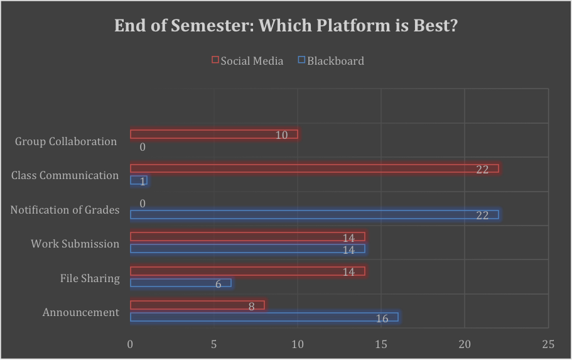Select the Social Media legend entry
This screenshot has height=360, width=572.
[x=248, y=61]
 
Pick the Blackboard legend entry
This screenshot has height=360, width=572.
[x=331, y=61]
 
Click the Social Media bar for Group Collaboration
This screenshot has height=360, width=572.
[x=213, y=134]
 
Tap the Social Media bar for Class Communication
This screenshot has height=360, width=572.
[x=314, y=168]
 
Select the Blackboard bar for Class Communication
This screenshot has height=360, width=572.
[x=138, y=180]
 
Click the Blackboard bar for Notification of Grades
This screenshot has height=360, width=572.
[x=314, y=215]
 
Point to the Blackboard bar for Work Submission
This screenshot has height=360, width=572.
[x=247, y=249]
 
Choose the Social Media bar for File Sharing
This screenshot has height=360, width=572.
[x=247, y=271]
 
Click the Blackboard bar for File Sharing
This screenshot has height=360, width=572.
[x=180, y=283]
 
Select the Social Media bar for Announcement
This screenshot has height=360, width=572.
[x=197, y=305]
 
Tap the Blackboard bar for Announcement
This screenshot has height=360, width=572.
[x=264, y=317]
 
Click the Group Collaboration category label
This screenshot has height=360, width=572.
[x=66, y=141]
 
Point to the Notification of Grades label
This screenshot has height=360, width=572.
[x=65, y=210]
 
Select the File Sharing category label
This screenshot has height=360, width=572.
[x=90, y=278]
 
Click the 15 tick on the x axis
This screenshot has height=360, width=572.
[x=381, y=344]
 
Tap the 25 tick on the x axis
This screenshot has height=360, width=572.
[x=548, y=344]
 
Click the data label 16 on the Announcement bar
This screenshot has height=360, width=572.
[x=382, y=319]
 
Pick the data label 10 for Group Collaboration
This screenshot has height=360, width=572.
[x=281, y=135]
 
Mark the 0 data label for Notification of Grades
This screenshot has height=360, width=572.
[x=143, y=204]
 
